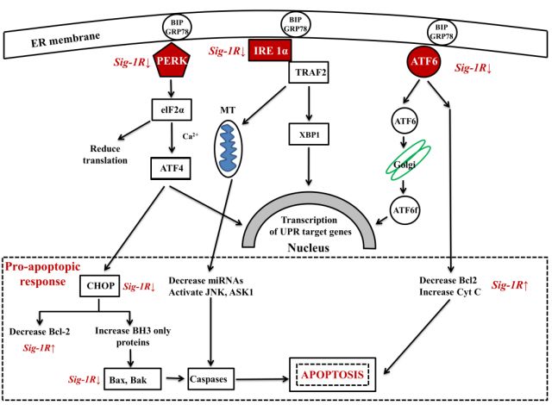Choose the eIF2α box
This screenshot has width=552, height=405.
point(173,109)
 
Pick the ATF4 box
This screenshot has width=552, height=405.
point(172,167)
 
